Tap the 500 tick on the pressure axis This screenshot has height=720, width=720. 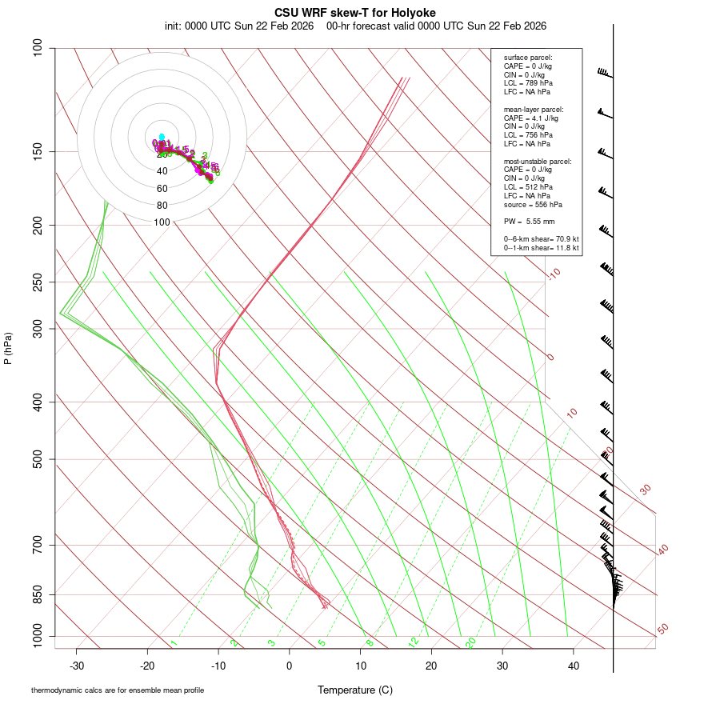tap(38, 459)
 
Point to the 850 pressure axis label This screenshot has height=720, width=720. tap(38, 594)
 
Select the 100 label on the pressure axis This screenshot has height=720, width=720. tap(38, 48)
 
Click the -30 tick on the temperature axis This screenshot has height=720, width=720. tap(77, 666)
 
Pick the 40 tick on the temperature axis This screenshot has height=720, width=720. tap(574, 666)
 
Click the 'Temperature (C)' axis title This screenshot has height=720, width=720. tap(355, 690)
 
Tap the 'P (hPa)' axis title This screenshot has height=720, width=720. tap(8, 349)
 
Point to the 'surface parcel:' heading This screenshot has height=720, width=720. tap(528, 58)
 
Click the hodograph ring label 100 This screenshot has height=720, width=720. tap(162, 222)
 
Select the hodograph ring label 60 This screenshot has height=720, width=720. tap(162, 189)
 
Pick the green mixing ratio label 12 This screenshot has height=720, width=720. tap(414, 642)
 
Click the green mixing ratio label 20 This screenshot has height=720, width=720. tap(471, 642)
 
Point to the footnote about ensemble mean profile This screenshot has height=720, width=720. tap(118, 690)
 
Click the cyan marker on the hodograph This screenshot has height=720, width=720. tap(162, 137)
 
